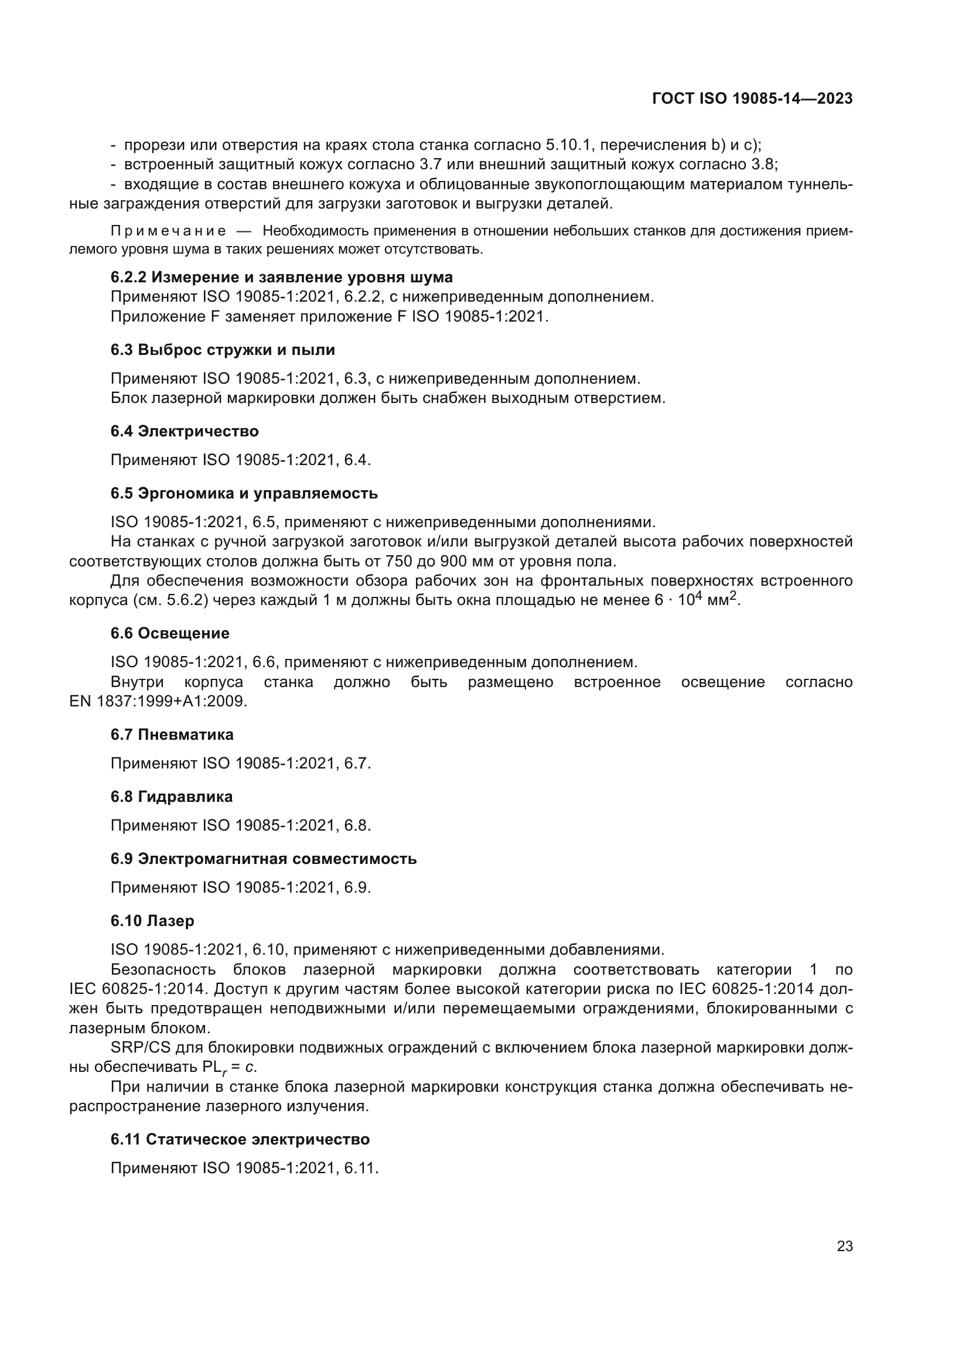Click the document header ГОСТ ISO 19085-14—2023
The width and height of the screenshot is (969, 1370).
coord(752,99)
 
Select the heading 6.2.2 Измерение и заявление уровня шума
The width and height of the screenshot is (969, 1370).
coord(281,278)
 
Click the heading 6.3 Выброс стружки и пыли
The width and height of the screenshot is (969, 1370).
coord(223,350)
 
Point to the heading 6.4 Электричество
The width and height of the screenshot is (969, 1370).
coord(185,432)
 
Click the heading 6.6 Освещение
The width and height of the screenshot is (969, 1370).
coord(170,633)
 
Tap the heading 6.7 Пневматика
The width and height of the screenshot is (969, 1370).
coord(172,734)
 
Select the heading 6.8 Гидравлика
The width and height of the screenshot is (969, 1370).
coord(172,797)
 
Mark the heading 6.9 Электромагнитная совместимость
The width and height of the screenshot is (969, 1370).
coord(263,859)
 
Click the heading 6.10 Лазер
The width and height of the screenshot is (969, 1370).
coord(152,921)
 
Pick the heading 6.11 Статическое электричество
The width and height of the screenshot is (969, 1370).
coord(240,1139)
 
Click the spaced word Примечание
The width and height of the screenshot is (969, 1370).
coord(168,231)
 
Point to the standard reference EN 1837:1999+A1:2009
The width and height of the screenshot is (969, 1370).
coord(158,701)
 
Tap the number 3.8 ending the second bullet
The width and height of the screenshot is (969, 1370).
coord(763,164)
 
